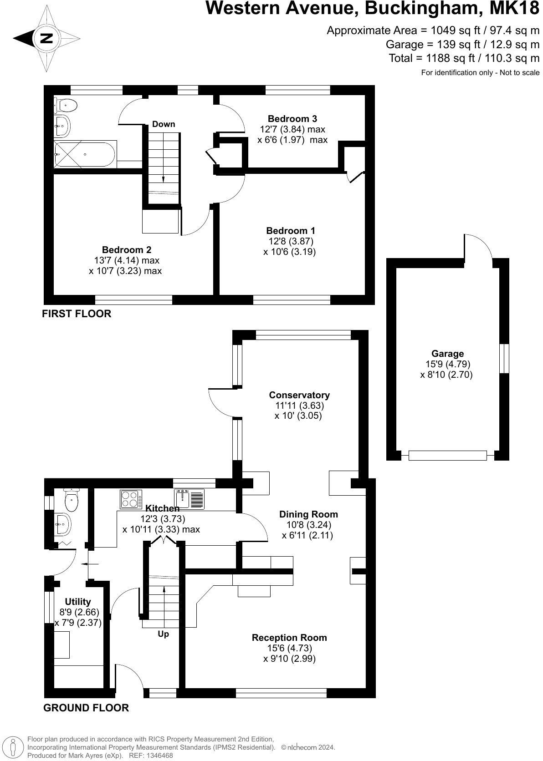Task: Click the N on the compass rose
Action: (46, 38)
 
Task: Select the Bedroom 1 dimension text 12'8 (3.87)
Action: (291, 241)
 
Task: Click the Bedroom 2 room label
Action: (126, 250)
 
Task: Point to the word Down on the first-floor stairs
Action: (164, 124)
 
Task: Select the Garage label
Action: (447, 354)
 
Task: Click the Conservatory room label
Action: (299, 395)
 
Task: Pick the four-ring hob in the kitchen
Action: (131, 499)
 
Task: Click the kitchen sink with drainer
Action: (189, 499)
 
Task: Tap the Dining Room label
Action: (308, 514)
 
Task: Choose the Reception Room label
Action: (289, 638)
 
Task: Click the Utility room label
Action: (78, 602)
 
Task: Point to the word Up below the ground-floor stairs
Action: (163, 634)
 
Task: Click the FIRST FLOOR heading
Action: (77, 314)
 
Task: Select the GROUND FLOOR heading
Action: (86, 708)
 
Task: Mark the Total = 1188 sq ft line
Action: (464, 58)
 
